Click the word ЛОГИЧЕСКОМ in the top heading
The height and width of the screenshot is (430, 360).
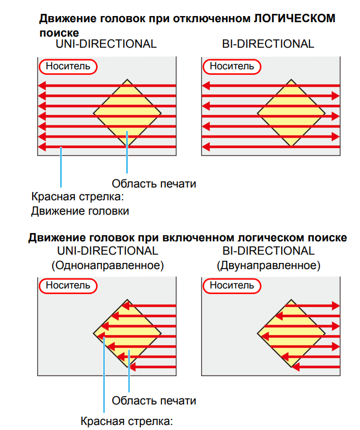click(294, 19)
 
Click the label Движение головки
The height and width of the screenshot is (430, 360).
click(80, 211)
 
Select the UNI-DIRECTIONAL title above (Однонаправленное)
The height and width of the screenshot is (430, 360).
click(108, 251)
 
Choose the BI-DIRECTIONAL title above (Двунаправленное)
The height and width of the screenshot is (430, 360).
click(268, 251)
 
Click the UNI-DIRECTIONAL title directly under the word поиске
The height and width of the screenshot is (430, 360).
click(106, 44)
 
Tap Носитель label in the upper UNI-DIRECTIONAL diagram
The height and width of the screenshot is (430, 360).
click(68, 67)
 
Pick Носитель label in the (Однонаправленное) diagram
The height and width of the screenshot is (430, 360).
click(68, 285)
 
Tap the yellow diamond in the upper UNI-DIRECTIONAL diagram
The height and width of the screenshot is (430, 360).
click(127, 113)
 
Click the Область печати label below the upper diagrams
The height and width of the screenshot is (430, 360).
click(154, 183)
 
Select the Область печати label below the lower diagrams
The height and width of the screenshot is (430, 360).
click(154, 401)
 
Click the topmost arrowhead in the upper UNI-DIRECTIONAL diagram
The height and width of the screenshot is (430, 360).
click(41, 86)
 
